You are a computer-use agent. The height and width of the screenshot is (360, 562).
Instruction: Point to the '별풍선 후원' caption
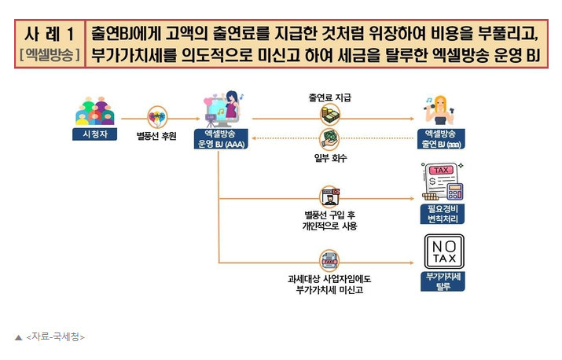(157, 136)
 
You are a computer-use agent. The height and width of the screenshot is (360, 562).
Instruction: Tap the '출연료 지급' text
(330, 97)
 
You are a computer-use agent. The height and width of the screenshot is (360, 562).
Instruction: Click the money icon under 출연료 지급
(329, 115)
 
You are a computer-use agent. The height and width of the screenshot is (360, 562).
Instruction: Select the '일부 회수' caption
(330, 157)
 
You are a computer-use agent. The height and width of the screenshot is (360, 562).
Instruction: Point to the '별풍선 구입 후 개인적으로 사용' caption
(330, 220)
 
